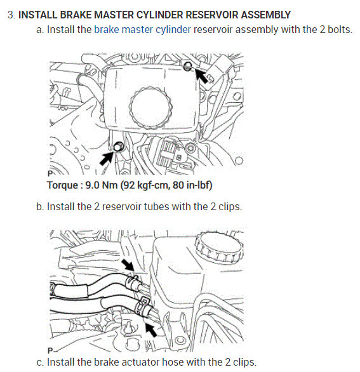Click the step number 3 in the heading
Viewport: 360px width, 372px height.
[11, 15]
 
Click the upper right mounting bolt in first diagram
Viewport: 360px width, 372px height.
[188, 66]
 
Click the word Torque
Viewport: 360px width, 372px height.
[64, 185]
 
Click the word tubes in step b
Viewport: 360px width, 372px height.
[135, 207]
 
